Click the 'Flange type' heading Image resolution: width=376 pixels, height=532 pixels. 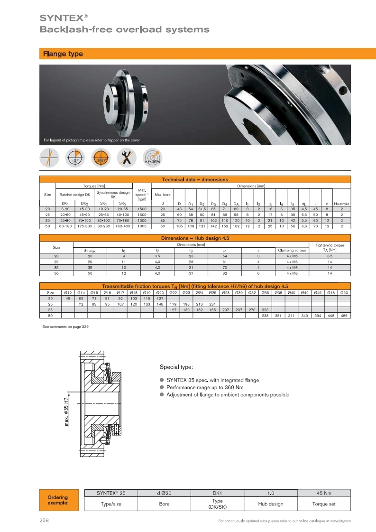coord(63,54)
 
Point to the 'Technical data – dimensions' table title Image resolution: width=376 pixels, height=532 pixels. coord(195,180)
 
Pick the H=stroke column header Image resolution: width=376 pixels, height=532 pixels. coord(341,204)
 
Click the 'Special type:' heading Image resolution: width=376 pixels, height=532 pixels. coord(176,367)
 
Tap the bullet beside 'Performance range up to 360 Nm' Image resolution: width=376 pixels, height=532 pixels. coord(162,387)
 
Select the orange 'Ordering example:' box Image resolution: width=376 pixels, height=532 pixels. coord(57,500)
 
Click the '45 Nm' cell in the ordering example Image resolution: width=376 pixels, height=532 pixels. coord(324,494)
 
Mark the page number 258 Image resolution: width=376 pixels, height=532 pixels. coord(44,521)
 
